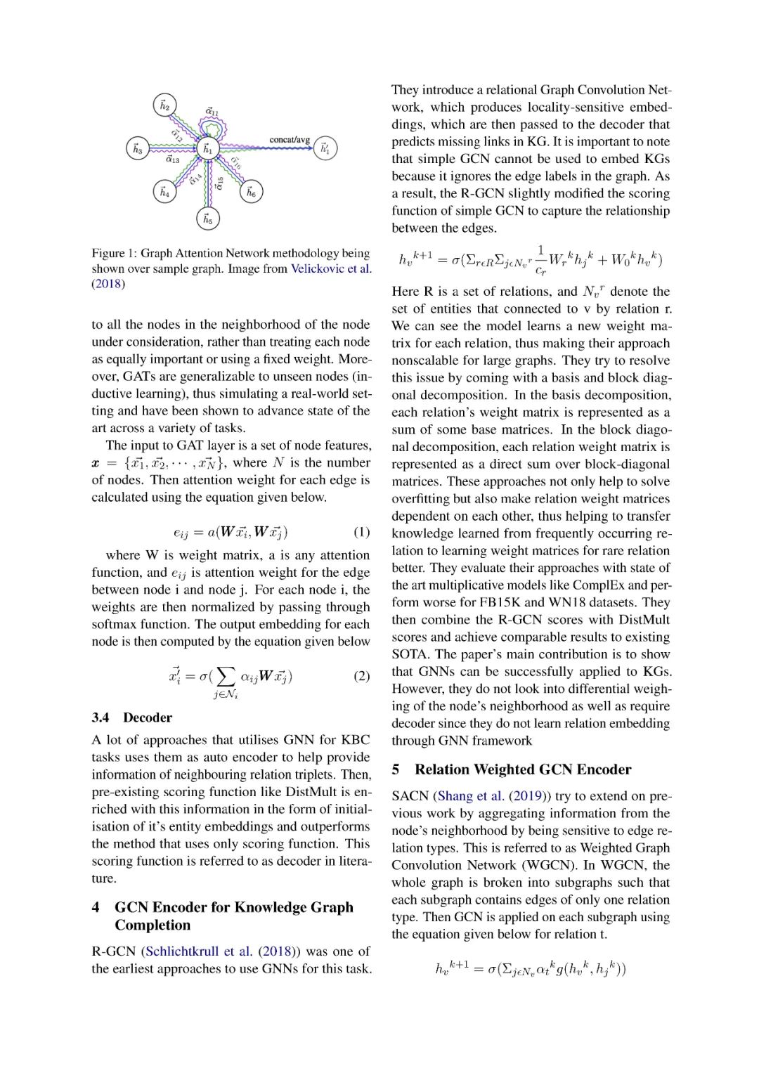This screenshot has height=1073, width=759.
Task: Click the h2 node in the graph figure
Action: pos(164,105)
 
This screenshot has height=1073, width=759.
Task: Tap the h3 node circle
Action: pos(138,149)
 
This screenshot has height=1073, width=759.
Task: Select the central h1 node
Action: pos(207,149)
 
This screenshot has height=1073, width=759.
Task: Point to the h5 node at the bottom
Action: pos(207,219)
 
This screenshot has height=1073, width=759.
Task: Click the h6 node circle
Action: pos(252,191)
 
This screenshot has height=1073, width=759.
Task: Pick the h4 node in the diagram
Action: pos(164,191)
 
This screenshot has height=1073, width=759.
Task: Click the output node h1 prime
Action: pos(325,148)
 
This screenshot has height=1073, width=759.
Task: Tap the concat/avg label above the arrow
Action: pos(290,139)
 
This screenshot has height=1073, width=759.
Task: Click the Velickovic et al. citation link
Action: pos(331,268)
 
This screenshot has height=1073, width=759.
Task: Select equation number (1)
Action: pos(361,531)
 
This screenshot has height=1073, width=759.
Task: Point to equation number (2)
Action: pos(361,676)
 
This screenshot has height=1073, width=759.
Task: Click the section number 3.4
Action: pos(100,717)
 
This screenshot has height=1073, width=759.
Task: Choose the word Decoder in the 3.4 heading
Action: pos(148,717)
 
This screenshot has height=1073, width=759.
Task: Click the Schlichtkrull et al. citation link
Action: pos(199,951)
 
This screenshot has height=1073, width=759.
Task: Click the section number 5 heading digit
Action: pos(396,769)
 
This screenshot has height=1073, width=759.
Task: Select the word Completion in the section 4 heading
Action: pos(153,925)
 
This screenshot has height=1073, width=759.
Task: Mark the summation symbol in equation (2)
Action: pos(225,677)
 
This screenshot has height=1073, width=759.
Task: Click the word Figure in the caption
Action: pos(108,253)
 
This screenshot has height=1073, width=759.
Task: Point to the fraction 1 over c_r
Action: pos(540,259)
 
